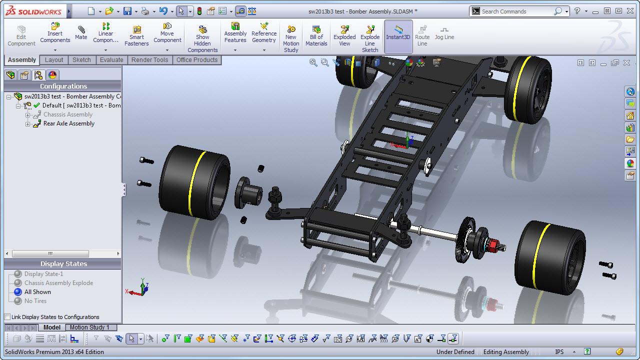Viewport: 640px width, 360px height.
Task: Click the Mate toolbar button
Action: coord(81,33)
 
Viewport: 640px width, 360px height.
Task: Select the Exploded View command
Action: coord(344,35)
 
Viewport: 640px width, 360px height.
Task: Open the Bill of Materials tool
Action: coord(316,35)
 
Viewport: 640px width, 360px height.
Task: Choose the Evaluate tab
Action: coord(111,60)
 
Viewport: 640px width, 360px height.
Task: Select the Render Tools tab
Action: coord(149,60)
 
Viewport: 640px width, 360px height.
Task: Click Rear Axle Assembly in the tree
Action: coord(69,123)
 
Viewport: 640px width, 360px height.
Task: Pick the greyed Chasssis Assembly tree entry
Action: coord(68,114)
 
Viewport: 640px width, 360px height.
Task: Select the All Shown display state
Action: coord(37,291)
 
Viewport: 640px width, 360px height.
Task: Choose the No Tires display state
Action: coord(35,301)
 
